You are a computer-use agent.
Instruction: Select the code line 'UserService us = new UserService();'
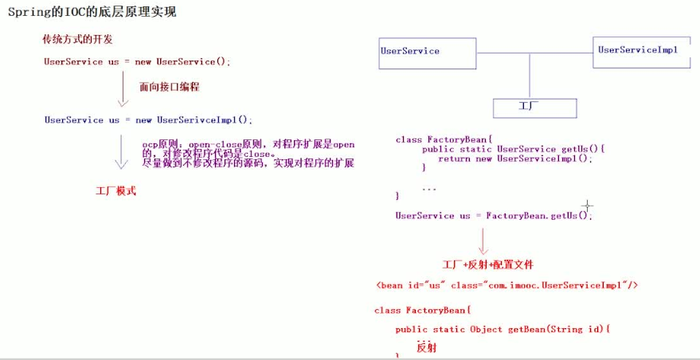tap(137, 61)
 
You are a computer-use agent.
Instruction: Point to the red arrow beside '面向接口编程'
tap(122, 89)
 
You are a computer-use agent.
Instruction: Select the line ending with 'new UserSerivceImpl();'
tap(147, 120)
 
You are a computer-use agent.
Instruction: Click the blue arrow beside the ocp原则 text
tap(122, 151)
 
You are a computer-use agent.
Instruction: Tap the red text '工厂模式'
tap(115, 191)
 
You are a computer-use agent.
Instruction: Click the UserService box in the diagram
tap(428, 53)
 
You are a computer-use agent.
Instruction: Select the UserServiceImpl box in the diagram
tap(642, 52)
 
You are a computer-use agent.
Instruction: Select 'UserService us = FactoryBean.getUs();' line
tap(494, 216)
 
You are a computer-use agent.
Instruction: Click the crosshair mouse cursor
tap(587, 207)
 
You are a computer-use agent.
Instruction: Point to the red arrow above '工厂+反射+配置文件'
tap(482, 241)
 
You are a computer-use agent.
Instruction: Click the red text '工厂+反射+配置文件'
tap(487, 264)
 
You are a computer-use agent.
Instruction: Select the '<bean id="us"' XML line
tap(507, 285)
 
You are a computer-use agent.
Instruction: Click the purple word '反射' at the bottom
tap(427, 348)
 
